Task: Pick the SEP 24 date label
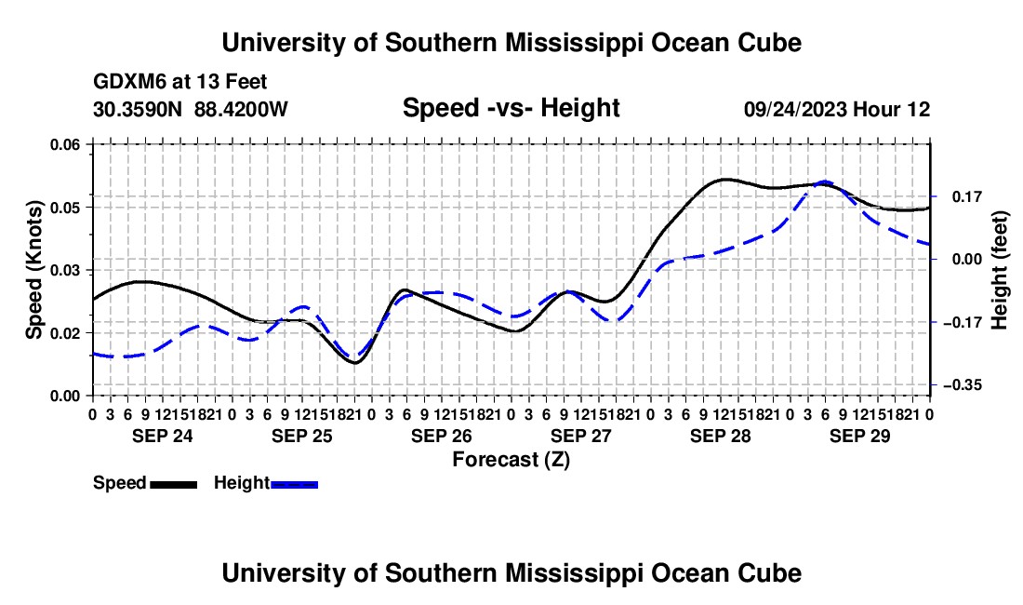[x=163, y=436]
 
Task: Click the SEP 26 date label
[x=442, y=436]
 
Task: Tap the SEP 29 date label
[x=860, y=436]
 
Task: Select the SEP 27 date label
[x=581, y=436]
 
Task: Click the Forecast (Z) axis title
[x=511, y=460]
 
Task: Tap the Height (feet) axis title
[x=1000, y=270]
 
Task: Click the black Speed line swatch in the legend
[x=174, y=484]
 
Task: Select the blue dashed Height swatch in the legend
[x=294, y=484]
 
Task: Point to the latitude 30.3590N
[x=138, y=109]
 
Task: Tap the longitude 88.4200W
[x=241, y=109]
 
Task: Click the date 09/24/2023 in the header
[x=795, y=109]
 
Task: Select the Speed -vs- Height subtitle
[x=511, y=108]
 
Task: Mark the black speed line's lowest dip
[x=355, y=363]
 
